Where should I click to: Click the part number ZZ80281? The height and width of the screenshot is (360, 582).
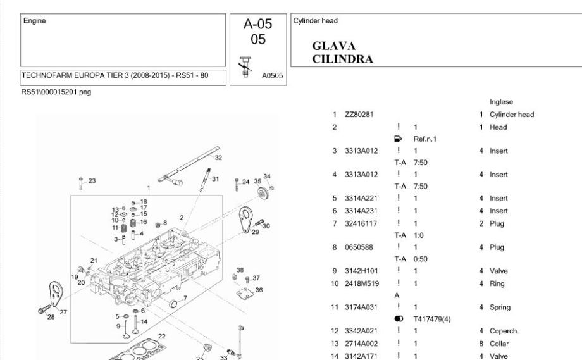pos(359,115)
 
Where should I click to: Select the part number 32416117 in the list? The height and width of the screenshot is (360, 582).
pos(361,224)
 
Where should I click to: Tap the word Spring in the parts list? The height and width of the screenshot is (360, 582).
pos(500,307)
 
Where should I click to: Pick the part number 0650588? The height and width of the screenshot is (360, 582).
pos(359,247)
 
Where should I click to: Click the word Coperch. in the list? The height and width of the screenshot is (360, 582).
pos(504,331)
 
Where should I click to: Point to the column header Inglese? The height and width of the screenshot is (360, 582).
pos(501,102)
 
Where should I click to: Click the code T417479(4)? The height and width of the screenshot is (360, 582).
pos(432,319)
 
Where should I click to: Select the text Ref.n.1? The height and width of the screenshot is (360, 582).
pos(425,139)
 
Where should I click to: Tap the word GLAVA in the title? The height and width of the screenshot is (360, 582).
pos(333,46)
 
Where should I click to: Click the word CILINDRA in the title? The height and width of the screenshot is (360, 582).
pos(342,59)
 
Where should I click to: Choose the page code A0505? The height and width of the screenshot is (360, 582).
pos(273,76)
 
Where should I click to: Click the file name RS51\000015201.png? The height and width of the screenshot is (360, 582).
pos(56,92)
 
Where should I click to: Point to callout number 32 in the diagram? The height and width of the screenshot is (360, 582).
pos(218,158)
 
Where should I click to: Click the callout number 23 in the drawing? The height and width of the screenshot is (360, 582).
pos(92,181)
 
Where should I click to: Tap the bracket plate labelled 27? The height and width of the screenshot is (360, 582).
pos(56,293)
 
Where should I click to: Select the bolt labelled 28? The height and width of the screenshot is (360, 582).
pos(44,309)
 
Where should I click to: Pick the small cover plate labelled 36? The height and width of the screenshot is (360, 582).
pos(245,294)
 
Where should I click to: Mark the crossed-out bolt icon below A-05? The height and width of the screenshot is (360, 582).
pos(245,67)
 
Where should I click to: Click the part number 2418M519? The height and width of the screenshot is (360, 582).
pos(362,284)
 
